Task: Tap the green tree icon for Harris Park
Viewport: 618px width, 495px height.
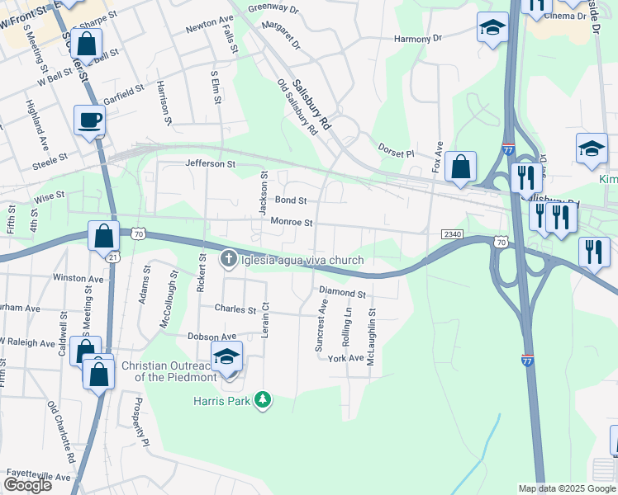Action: (263, 400)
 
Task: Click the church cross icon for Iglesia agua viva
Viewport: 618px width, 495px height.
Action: (229, 260)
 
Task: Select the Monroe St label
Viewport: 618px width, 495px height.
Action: (292, 222)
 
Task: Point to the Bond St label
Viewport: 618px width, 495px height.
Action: (291, 200)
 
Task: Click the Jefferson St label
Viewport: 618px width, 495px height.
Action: (211, 164)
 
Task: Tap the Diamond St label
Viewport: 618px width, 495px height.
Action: (342, 293)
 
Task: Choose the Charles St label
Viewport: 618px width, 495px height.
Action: (235, 309)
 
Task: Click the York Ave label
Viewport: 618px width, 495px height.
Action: (345, 358)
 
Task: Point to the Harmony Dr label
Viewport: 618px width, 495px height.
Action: (418, 38)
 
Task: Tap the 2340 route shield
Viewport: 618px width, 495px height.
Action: (451, 235)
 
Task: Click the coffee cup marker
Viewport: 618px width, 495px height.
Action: (89, 120)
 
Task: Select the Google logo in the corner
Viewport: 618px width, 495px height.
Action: (26, 485)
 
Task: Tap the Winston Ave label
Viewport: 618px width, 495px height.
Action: (78, 278)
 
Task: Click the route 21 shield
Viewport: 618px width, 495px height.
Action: (112, 257)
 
